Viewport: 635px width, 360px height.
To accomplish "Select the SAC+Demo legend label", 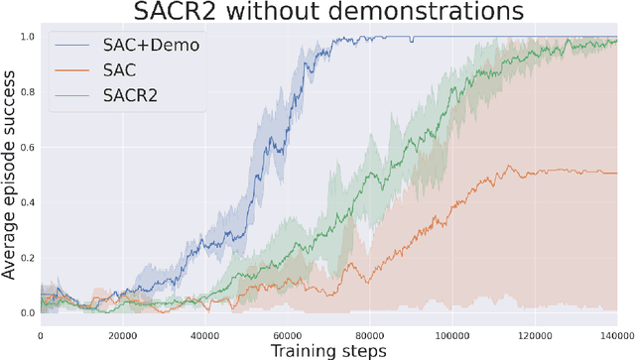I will pos(141,46).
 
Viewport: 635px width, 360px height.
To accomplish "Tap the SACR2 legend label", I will pos(131,95).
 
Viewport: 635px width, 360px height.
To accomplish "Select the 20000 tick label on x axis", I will pos(121,334).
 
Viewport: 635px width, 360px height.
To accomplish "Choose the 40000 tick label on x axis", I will pos(204,334).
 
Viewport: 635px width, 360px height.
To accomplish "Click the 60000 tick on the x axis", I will pos(287,334).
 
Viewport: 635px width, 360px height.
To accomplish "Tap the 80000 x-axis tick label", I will pos(369,334).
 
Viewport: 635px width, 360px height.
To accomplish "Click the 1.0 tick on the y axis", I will pos(27,37).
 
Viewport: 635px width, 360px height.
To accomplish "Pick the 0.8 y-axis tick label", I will pos(27,92).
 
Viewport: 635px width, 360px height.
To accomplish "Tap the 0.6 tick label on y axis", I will pos(27,147).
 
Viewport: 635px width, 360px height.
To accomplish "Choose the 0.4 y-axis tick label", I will pos(27,202).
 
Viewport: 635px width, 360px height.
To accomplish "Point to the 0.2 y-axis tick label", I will pos(27,258).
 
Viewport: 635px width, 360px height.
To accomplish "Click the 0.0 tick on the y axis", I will pos(27,313).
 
